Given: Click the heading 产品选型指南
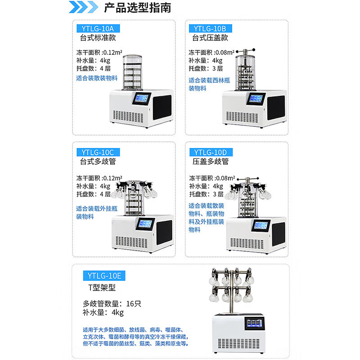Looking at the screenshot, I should (x=137, y=9).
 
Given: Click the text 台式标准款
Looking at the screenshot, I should (x=98, y=38).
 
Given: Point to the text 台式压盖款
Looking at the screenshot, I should (x=210, y=38).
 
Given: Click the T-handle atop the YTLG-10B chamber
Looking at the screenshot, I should (x=247, y=50).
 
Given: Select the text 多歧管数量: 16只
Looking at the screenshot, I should (x=112, y=303).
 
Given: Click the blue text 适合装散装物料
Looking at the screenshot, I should (x=96, y=78).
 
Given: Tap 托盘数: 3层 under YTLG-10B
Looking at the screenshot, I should (x=206, y=68).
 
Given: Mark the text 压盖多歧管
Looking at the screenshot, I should (x=210, y=161).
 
